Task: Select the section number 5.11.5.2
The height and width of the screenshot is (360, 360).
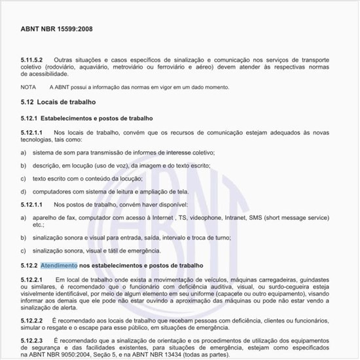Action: pos(32,60)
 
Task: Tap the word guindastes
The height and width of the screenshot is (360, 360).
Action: pos(310,280)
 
